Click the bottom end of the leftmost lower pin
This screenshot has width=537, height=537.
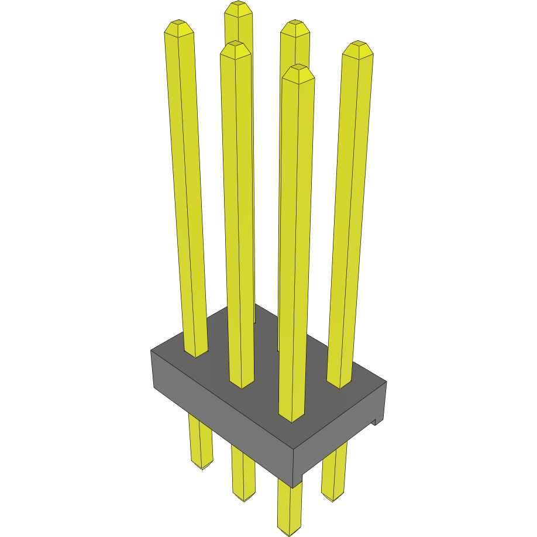coord(202,466)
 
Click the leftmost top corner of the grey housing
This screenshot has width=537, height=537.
coord(151,350)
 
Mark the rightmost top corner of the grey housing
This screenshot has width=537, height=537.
coord(386,382)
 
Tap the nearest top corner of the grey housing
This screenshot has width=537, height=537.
coord(294,449)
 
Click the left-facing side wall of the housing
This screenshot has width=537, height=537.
coord(222,421)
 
